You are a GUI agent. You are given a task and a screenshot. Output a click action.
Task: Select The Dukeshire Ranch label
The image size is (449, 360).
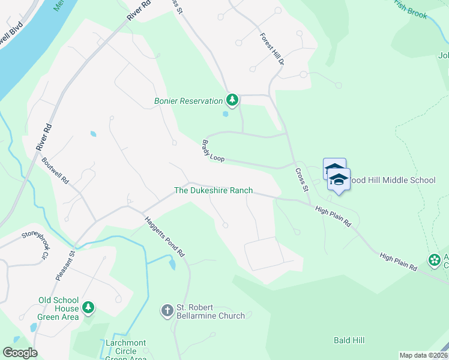pos(213,191)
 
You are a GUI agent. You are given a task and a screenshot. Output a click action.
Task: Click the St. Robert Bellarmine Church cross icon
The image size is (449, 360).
pos(167,310)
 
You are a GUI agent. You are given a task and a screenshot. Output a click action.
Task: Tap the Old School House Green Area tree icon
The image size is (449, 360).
pos(88,308)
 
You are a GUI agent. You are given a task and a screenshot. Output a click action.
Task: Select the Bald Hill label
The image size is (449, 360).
pos(349,340)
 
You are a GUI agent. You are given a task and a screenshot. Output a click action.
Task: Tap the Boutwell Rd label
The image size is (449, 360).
pos(56,171)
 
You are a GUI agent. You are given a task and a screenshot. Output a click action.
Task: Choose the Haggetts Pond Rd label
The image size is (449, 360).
pos(163,237)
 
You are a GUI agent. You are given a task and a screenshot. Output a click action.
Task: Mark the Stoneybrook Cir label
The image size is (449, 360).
pos(34,241)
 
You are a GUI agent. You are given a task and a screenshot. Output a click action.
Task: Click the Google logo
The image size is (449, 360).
pos(20,353)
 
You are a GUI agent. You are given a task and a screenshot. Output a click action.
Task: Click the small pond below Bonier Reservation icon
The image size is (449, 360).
pos(225,113)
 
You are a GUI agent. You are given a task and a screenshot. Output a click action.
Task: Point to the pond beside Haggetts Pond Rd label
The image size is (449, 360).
pos(172,263)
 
